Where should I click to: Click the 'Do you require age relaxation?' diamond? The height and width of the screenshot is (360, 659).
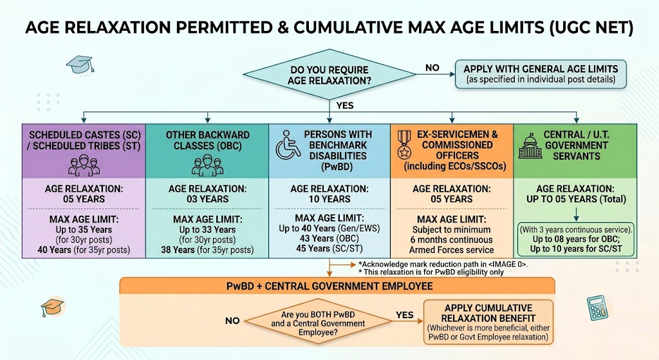(x=329, y=75)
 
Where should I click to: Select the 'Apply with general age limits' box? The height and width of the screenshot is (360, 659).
(x=541, y=74)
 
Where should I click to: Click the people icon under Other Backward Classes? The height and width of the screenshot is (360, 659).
(x=207, y=166)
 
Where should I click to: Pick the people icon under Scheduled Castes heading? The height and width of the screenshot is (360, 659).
(x=84, y=166)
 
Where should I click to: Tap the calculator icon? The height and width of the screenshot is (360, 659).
(x=597, y=308)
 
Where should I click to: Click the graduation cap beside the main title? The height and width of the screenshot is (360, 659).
(x=80, y=64)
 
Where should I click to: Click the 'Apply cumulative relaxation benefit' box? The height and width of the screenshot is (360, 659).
(x=488, y=322)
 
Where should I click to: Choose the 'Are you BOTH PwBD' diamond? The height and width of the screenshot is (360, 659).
(x=318, y=323)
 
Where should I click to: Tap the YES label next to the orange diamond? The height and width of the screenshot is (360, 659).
(x=404, y=315)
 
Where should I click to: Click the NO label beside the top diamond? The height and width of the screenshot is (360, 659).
(x=432, y=68)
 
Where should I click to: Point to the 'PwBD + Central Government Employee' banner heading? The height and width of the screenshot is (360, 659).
(x=329, y=287)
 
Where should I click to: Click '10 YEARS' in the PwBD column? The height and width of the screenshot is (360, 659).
(x=329, y=199)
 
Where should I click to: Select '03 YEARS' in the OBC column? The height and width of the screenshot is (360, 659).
(x=208, y=199)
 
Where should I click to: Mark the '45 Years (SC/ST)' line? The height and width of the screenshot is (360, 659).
(x=330, y=249)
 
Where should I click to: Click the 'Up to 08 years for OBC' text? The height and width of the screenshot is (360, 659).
(x=576, y=240)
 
